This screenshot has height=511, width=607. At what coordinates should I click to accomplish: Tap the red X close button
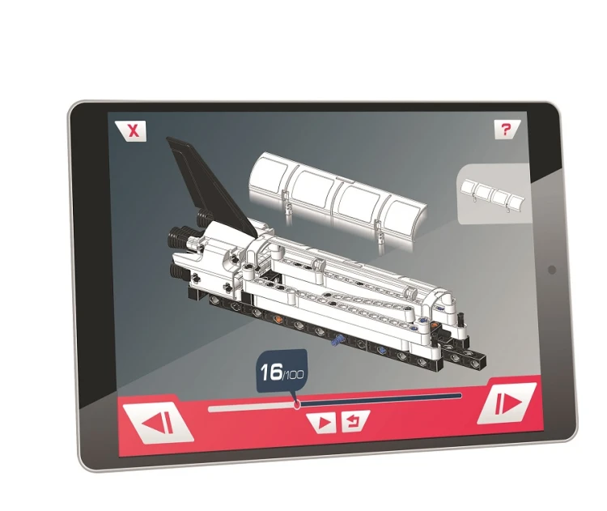(131, 131)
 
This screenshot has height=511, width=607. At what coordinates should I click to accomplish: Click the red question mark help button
(507, 130)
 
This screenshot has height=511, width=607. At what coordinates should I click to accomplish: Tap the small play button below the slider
(322, 423)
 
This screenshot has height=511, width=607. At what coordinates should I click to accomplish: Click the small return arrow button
(354, 421)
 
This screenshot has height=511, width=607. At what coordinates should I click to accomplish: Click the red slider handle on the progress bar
(297, 405)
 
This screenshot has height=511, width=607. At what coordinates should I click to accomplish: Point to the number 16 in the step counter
(271, 373)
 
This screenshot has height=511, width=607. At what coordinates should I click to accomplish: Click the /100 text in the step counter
(294, 375)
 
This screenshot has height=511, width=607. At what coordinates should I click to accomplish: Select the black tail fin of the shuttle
(212, 186)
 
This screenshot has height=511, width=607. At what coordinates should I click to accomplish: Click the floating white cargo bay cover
(337, 197)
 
